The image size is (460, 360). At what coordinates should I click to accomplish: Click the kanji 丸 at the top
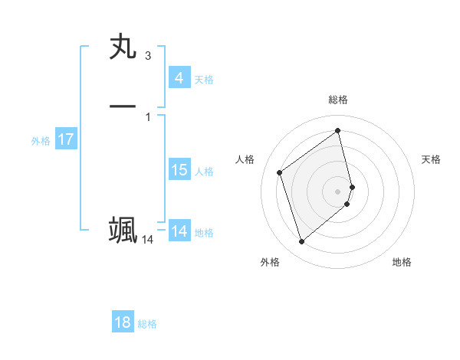click(123, 47)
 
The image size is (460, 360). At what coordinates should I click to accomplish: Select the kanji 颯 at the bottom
click(123, 230)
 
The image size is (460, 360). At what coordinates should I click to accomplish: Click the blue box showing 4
click(179, 78)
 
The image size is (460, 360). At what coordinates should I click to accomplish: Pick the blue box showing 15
click(179, 170)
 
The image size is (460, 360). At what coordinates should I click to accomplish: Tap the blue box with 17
click(65, 139)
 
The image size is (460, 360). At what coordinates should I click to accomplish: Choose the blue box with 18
click(123, 322)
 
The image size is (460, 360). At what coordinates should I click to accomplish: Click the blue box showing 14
click(179, 231)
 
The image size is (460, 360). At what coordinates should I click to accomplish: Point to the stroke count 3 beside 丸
click(148, 56)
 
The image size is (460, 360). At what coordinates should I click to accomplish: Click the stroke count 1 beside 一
click(148, 116)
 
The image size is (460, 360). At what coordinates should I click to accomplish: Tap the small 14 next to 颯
click(147, 240)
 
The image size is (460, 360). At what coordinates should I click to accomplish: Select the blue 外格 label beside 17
click(41, 141)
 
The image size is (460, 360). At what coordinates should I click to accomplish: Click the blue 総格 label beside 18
click(147, 324)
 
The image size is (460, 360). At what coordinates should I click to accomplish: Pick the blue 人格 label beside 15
click(205, 172)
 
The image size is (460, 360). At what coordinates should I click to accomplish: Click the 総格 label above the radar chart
click(338, 100)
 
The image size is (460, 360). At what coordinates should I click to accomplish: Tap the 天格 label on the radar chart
click(431, 159)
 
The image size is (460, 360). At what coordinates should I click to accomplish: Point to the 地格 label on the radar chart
click(402, 262)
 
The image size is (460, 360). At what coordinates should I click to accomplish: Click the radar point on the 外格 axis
click(301, 242)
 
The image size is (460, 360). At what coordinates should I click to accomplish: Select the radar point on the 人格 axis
click(279, 172)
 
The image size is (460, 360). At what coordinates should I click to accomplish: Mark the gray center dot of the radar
click(338, 191)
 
